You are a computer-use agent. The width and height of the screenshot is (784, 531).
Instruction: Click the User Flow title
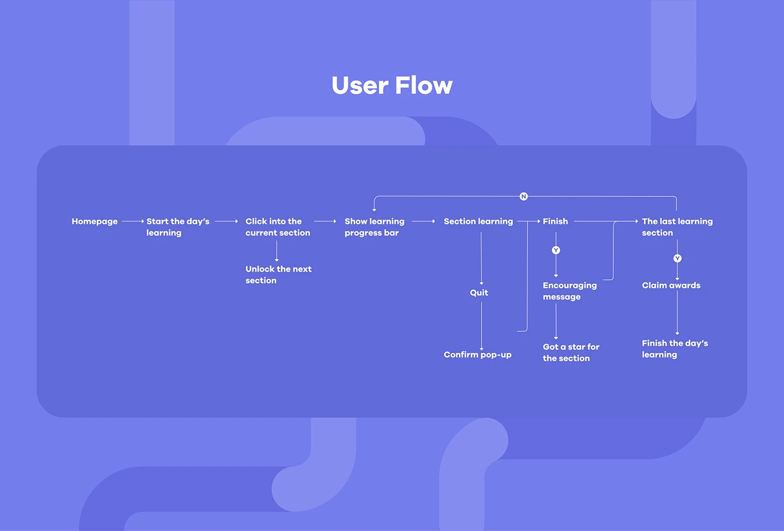pos(392,86)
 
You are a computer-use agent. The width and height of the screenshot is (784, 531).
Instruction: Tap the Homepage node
pos(95,222)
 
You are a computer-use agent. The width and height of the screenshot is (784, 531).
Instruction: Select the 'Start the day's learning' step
pos(178,227)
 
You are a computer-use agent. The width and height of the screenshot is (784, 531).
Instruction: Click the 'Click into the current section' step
pos(278,227)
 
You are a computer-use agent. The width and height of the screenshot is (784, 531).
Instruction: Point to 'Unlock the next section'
pos(278,275)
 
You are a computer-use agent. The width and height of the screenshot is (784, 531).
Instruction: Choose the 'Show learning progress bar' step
pos(374,227)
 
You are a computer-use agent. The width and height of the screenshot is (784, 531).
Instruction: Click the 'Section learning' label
pos(478,222)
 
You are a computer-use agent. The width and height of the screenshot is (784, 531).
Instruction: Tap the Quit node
pos(479,293)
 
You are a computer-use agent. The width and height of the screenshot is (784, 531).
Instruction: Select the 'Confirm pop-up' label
pos(477,355)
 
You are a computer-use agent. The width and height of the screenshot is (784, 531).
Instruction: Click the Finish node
pos(555,222)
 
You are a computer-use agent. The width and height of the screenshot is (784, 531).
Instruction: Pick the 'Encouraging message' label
pos(570,291)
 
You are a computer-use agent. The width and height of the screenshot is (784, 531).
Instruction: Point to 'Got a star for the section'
pos(571,353)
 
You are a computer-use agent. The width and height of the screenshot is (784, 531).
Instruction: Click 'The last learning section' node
pos(677,227)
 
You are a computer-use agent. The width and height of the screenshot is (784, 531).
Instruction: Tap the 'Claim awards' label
pos(671,285)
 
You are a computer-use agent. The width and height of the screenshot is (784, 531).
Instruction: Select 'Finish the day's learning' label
pos(675,349)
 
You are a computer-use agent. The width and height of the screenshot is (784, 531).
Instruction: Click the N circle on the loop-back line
pos(524,196)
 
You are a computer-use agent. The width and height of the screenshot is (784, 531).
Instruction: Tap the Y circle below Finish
pos(556,250)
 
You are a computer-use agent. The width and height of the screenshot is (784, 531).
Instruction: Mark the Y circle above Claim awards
pos(677,259)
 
